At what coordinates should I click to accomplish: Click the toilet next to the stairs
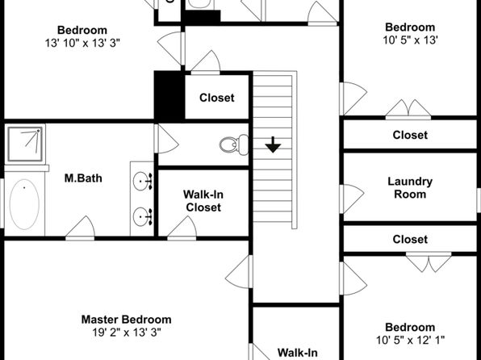click(234, 144)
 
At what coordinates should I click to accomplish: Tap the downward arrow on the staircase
click(273, 144)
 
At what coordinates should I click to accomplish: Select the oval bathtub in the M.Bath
click(24, 204)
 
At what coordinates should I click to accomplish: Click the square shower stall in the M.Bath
click(25, 144)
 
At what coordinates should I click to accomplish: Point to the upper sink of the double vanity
click(143, 181)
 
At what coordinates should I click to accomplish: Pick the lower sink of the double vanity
click(143, 216)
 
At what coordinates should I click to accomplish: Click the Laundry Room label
click(410, 187)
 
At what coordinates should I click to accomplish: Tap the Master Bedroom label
click(126, 320)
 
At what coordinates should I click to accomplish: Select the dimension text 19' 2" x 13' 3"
click(127, 332)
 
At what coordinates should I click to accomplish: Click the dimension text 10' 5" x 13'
click(410, 40)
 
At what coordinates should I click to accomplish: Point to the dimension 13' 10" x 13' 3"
click(82, 43)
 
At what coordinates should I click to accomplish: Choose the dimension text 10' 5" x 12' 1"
click(410, 340)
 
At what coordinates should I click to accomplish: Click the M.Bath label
click(83, 178)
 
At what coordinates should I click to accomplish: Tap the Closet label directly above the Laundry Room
click(410, 135)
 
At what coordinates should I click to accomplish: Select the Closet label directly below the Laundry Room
click(410, 240)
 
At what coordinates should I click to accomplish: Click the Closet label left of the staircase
click(217, 98)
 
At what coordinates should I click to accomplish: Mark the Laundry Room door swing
click(353, 199)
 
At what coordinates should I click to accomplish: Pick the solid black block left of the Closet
click(169, 96)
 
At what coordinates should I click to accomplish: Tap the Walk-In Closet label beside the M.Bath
click(203, 201)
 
